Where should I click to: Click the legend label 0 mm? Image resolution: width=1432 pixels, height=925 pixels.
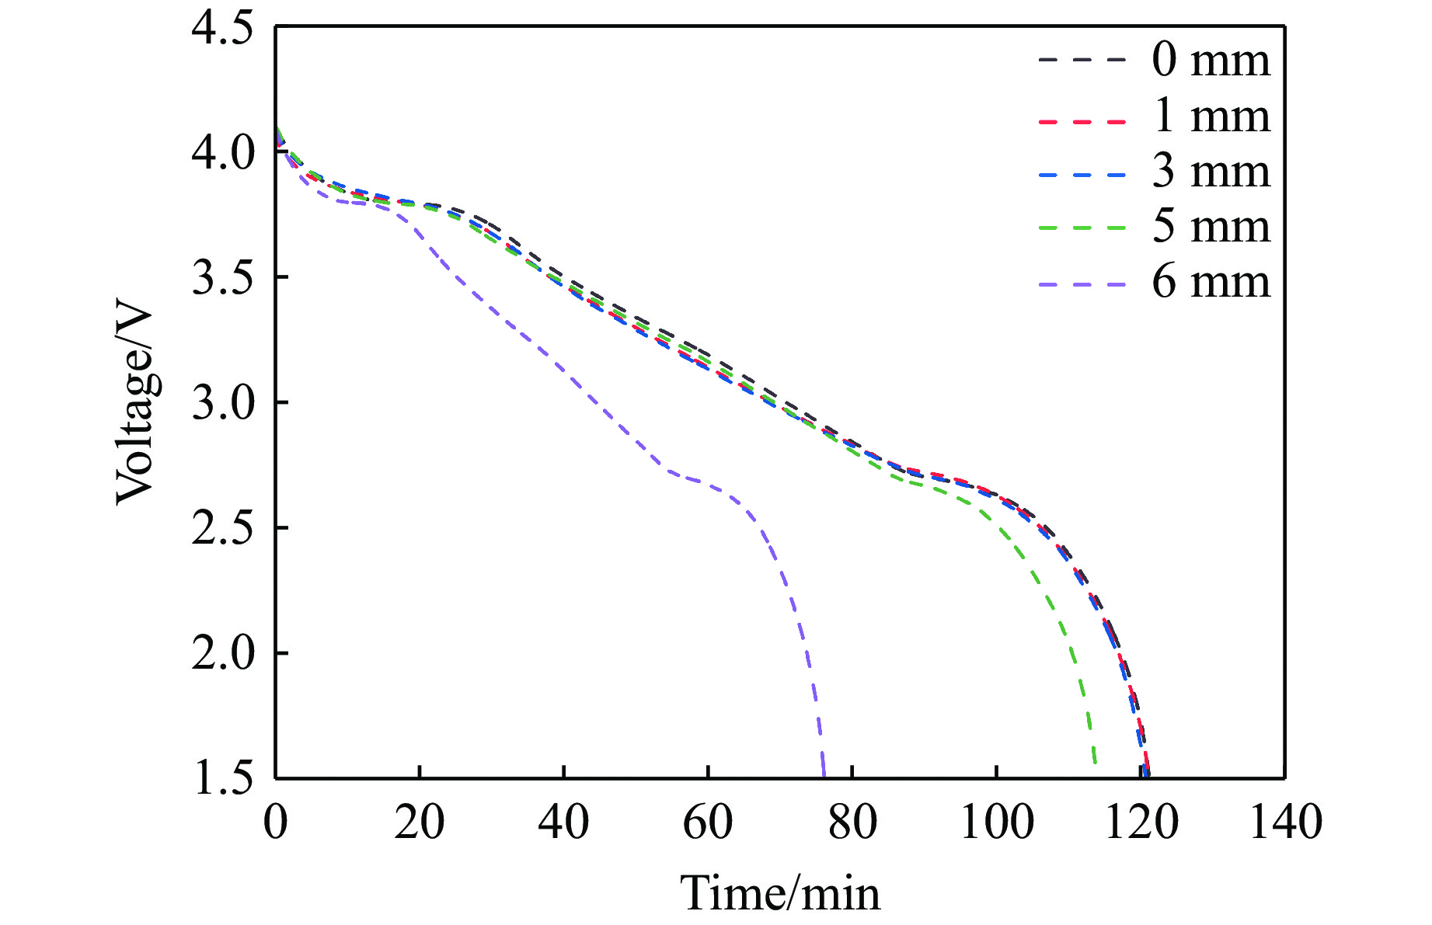[1211, 60]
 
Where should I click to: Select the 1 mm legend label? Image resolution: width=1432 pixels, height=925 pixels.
[1211, 116]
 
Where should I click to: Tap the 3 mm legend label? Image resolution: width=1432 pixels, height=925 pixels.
[1211, 172]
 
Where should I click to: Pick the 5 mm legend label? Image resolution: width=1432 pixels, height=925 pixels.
[1211, 227]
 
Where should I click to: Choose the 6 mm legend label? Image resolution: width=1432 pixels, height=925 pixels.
[1211, 282]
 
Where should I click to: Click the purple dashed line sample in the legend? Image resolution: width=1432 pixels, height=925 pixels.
[1082, 284]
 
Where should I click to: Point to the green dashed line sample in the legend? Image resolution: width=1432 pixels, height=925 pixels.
[1082, 228]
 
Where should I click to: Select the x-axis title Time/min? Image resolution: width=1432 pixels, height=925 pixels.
[780, 893]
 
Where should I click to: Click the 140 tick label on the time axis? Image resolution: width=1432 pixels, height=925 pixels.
[1285, 822]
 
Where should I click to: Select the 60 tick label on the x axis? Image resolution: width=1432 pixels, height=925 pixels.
[708, 822]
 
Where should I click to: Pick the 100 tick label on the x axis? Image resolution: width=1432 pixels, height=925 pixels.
[997, 822]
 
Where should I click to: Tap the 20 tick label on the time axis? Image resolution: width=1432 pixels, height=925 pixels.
[420, 822]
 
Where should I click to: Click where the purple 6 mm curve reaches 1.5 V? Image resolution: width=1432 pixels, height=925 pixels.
[824, 776]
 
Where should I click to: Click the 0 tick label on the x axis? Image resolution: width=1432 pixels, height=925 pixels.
[276, 822]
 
